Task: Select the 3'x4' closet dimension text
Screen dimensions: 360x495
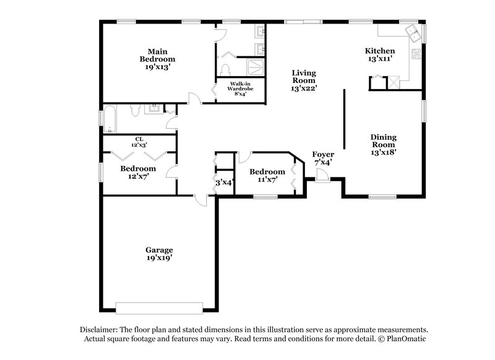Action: point(223,182)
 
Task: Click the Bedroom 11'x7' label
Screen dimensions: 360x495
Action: point(267,175)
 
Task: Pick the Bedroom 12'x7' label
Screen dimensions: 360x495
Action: point(138,172)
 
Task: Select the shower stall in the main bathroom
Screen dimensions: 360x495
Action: point(255,66)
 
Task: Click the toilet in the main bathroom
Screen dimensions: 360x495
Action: point(226,68)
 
